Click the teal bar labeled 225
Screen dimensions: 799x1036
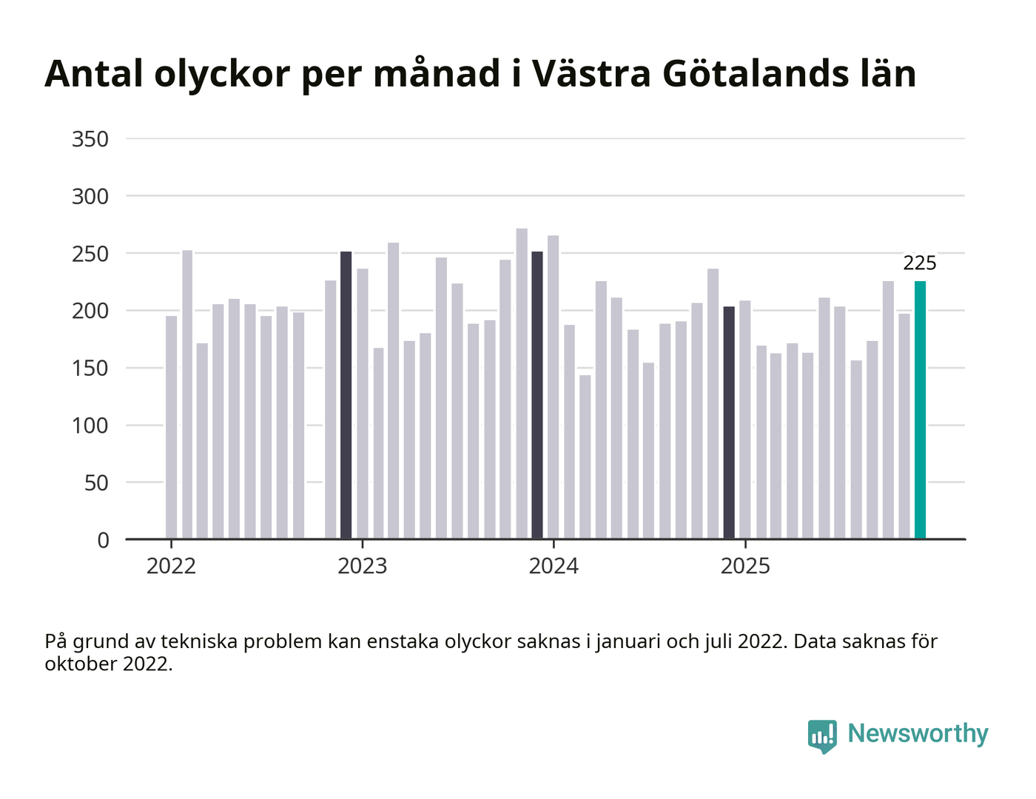(x=920, y=410)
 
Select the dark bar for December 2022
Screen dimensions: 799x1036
(x=346, y=395)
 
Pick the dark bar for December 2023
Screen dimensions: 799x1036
(x=537, y=395)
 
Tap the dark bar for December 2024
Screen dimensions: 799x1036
(x=729, y=422)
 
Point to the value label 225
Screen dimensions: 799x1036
(x=920, y=263)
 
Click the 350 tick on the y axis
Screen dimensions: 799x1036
(x=90, y=139)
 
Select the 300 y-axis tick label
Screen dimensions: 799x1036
(x=90, y=197)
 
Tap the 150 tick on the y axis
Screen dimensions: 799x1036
(x=90, y=368)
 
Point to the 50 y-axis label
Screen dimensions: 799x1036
(x=96, y=483)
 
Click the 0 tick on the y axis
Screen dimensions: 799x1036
(x=103, y=541)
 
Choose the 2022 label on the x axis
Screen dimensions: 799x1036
(x=171, y=567)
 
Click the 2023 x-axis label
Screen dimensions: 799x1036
(x=363, y=567)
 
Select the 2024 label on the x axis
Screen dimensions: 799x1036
(x=554, y=567)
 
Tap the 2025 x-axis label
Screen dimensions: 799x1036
(x=745, y=567)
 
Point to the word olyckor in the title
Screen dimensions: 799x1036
(x=221, y=74)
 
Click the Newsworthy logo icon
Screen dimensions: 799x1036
(x=822, y=735)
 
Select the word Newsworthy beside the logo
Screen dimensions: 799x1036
(x=918, y=734)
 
